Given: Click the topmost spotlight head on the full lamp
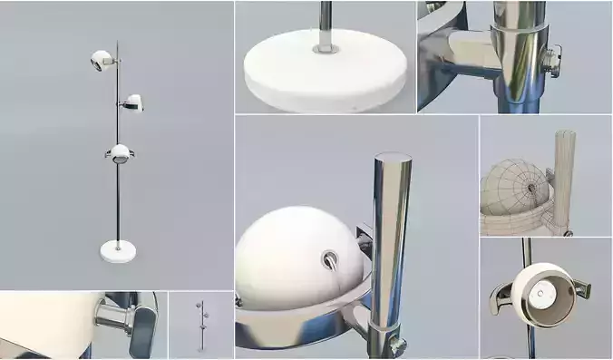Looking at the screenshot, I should coord(101,61).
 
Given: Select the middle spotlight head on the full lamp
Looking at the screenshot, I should coord(133,102).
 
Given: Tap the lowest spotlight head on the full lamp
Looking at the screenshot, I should coord(119,151).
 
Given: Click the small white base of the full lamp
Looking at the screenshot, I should coord(118,250).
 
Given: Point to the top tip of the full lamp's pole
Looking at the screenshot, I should coord(117,41).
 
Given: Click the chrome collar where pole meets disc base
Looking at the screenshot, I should coord(324,40).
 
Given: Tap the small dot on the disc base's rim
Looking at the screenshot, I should coord(354,103).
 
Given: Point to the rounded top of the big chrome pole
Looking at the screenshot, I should coord(392,160).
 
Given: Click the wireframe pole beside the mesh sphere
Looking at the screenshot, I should coord(564,172).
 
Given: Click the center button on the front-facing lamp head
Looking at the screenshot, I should coord(541,290).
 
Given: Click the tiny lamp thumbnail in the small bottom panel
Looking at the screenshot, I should coord(200,325).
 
